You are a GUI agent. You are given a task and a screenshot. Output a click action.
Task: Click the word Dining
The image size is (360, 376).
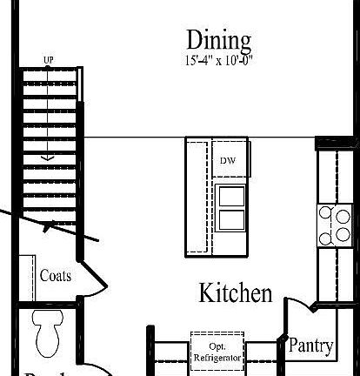tap(218, 39)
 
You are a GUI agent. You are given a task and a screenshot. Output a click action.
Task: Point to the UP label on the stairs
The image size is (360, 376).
tap(49, 60)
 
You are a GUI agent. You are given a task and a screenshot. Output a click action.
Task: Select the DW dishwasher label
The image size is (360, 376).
tap(227, 161)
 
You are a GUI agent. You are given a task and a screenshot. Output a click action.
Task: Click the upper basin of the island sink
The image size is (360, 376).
tap(230, 195)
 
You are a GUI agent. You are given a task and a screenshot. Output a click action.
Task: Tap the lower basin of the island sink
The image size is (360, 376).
tap(230, 218)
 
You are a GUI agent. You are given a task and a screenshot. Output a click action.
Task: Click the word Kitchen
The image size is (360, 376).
tap(236, 293)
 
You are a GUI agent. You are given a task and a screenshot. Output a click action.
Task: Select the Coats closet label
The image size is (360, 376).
tap(56, 276)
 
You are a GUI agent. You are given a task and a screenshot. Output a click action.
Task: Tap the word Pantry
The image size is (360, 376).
tap(310, 346)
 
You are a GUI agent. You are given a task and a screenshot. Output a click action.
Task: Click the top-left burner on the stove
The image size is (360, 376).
tap(324, 211)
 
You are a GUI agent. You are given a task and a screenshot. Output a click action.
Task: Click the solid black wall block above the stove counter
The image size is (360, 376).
tap(335, 143)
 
